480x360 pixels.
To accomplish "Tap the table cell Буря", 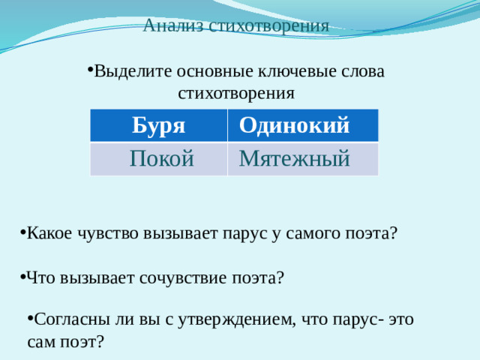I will click(158, 125).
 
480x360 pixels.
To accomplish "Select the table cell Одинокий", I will click(294, 125).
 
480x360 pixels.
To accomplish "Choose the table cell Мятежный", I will click(294, 158).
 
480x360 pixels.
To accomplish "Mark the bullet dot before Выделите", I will click(89, 70).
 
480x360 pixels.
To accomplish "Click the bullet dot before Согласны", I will click(29, 318).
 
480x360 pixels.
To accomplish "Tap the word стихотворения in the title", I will click(269, 25).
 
